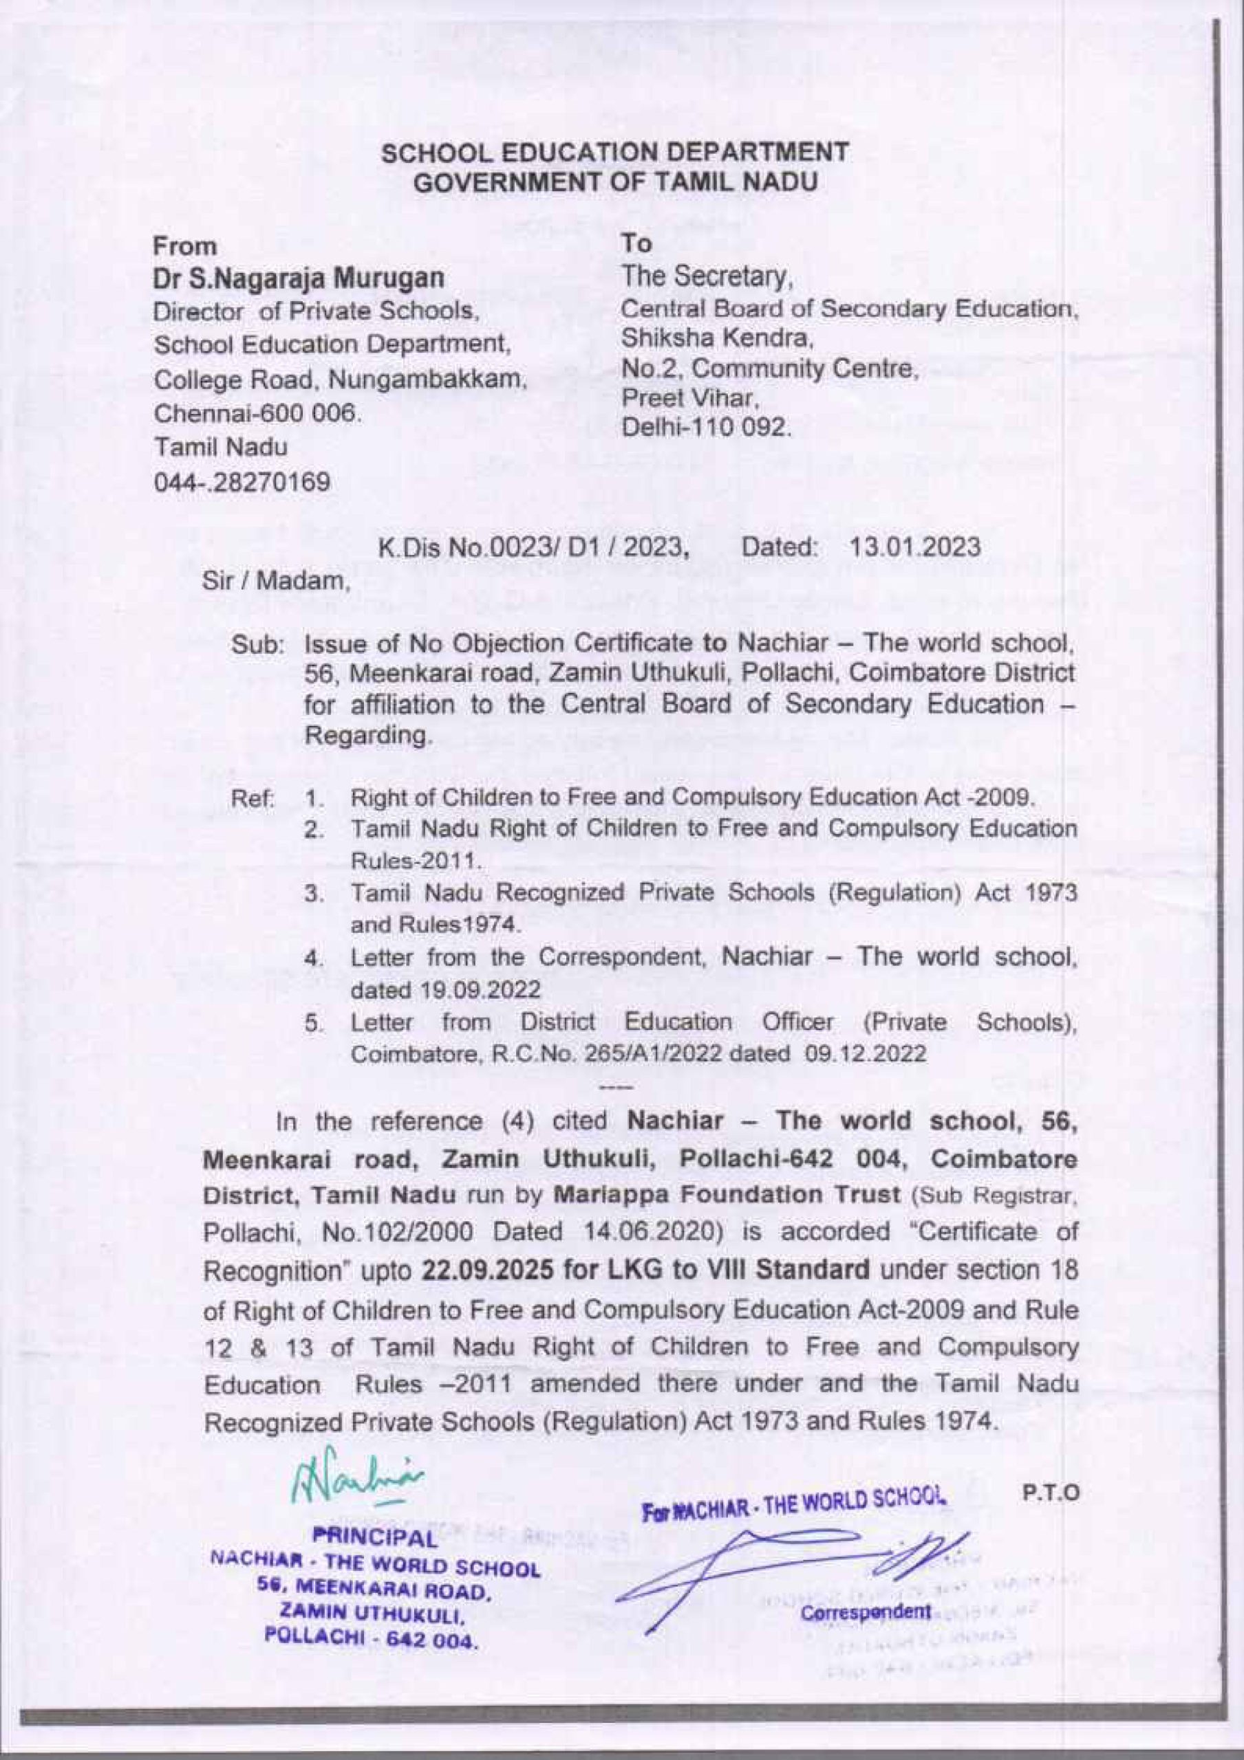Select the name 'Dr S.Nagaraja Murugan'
click(x=299, y=279)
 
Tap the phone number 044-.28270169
click(x=242, y=482)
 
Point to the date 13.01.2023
click(x=915, y=547)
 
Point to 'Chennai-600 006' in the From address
click(x=256, y=413)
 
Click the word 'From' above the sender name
click(x=186, y=247)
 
